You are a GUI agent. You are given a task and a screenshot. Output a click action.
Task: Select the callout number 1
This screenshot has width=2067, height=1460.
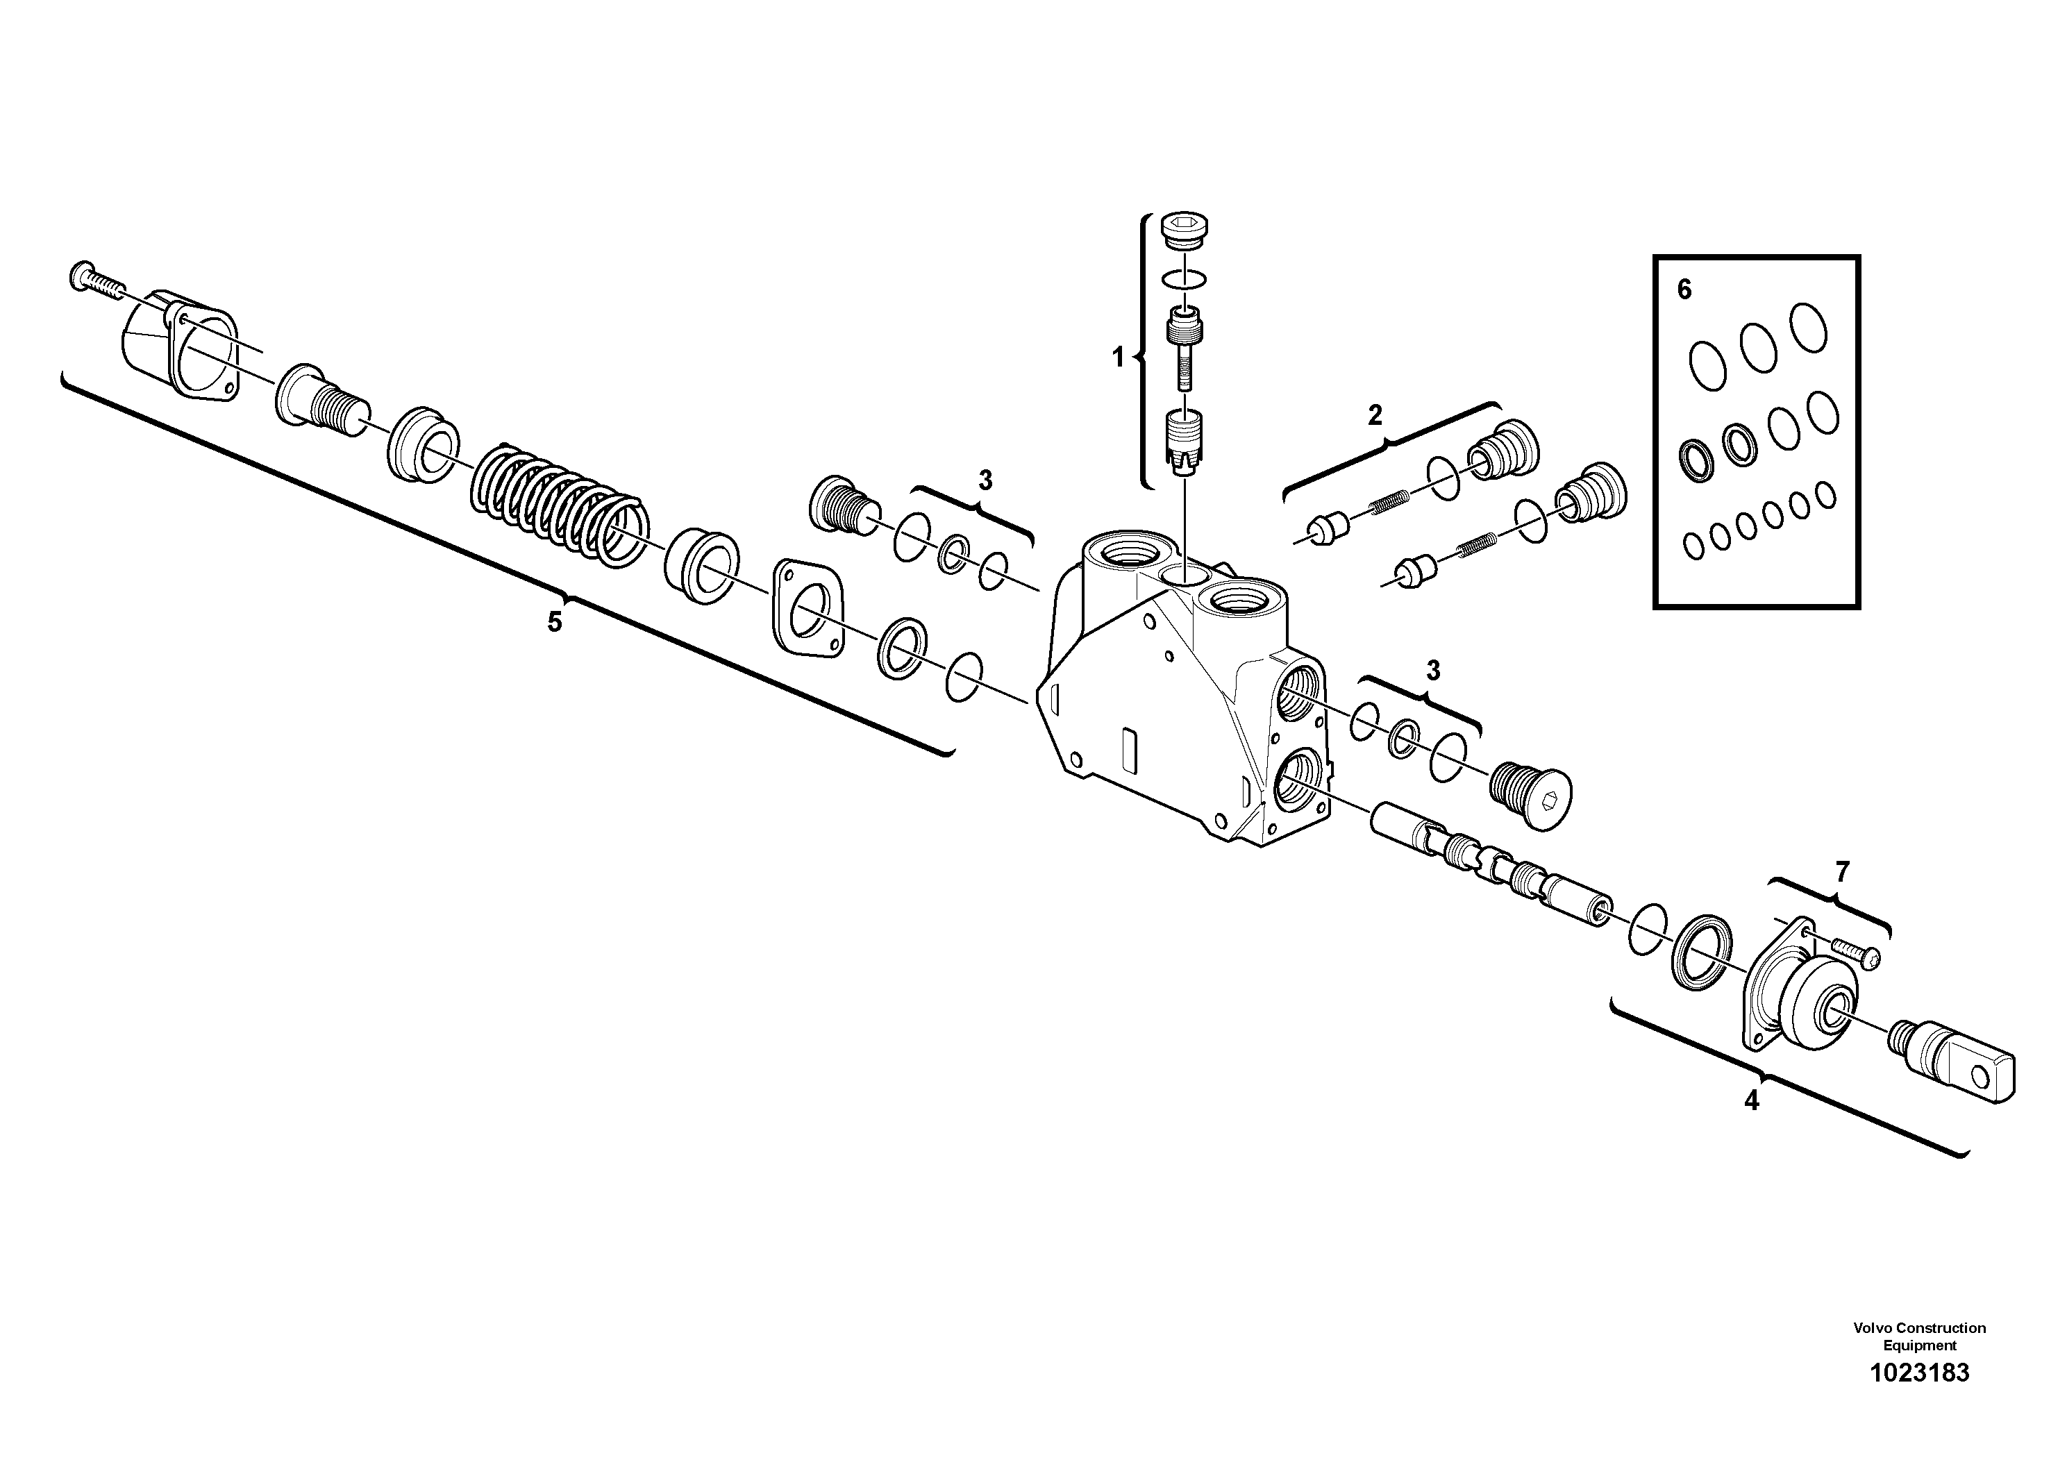[1117, 358]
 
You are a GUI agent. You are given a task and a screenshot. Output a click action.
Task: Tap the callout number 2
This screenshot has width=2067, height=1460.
[1374, 415]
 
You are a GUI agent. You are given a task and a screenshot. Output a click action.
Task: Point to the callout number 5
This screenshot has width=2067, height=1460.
[555, 621]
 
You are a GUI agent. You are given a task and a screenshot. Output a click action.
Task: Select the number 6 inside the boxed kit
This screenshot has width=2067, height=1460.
[1684, 290]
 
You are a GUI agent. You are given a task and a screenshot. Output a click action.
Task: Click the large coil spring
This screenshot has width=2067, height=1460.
[558, 509]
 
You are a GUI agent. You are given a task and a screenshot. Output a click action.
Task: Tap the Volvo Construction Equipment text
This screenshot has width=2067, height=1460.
[1918, 1336]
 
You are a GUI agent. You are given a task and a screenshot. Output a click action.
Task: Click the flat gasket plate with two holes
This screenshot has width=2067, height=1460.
[807, 607]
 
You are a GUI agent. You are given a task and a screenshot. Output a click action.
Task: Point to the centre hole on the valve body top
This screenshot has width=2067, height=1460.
[1180, 574]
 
